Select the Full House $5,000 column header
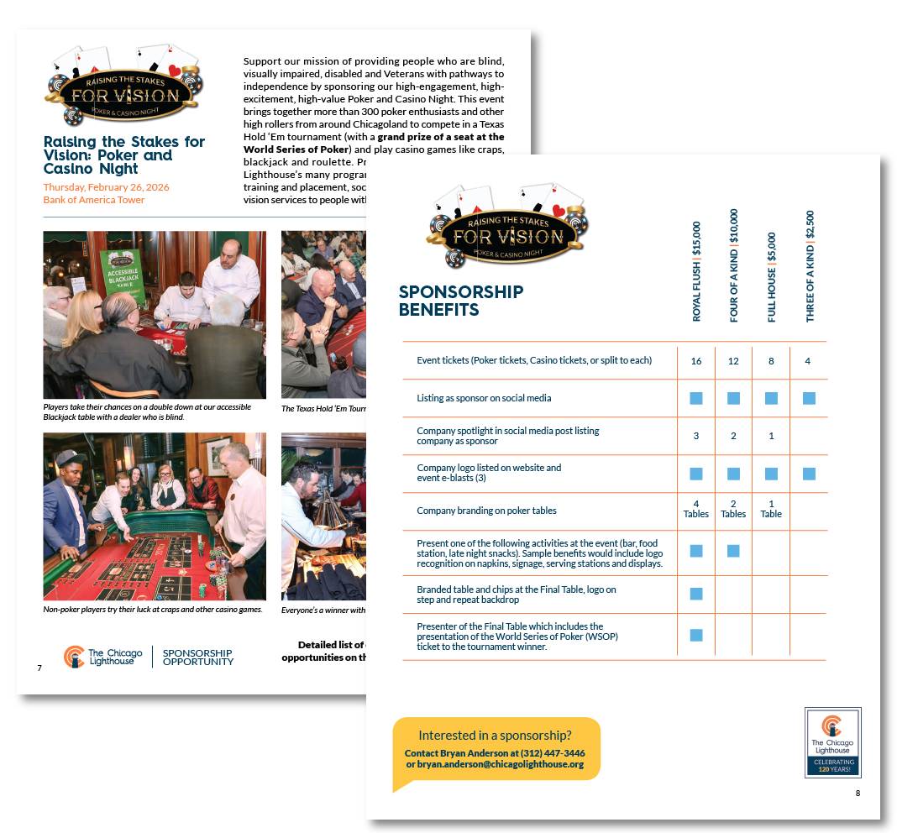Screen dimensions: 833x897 (772, 277)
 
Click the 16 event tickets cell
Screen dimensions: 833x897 (696, 361)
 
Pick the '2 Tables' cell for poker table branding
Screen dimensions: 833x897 (733, 509)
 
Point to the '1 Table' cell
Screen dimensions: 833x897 (771, 509)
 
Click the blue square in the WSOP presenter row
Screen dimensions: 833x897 (696, 636)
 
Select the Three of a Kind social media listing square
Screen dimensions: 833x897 (809, 398)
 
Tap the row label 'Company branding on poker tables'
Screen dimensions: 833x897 (486, 511)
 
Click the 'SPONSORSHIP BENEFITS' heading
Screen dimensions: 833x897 (460, 301)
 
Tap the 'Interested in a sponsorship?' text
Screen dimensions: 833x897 (495, 736)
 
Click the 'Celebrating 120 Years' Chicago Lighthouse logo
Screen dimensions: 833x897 (832, 742)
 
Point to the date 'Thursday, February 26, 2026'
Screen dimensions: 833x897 (103, 187)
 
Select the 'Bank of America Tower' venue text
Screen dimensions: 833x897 (94, 200)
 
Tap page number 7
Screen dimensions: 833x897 (39, 668)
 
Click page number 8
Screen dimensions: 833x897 (858, 794)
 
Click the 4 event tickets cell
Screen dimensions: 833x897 (809, 361)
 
